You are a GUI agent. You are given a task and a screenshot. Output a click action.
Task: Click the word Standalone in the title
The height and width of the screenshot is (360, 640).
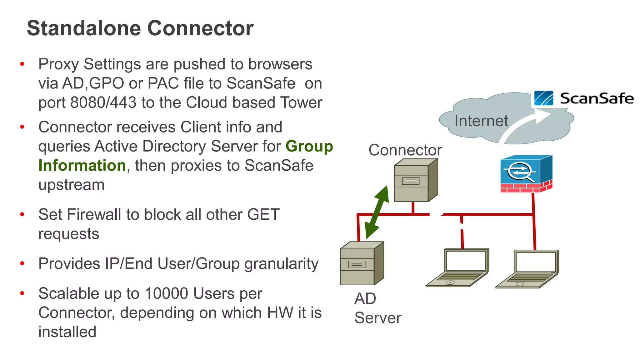(x=84, y=28)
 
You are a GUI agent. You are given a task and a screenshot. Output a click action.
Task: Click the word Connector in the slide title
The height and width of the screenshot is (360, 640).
(x=200, y=28)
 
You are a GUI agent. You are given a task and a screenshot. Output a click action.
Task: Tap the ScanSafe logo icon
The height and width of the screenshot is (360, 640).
(x=543, y=98)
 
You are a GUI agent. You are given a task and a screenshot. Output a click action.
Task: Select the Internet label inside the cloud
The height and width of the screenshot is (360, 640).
(x=481, y=121)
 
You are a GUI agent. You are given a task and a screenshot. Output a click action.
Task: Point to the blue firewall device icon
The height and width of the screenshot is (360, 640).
(x=526, y=173)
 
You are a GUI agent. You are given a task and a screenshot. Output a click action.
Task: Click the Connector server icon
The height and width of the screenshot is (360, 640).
(x=415, y=180)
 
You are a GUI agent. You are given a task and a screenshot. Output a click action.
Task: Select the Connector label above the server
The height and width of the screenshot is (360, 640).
(x=405, y=150)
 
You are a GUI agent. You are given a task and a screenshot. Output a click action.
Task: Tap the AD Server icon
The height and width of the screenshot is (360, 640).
(x=362, y=263)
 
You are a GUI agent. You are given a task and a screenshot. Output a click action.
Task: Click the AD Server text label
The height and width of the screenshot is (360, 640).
(x=377, y=308)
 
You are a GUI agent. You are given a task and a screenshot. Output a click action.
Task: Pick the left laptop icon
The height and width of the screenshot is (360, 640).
(x=457, y=268)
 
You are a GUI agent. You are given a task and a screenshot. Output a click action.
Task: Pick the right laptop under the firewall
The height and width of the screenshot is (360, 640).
(x=527, y=269)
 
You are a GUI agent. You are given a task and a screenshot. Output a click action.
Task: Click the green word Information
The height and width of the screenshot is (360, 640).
(x=82, y=165)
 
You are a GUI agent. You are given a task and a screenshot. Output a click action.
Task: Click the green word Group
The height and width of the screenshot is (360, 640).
(x=309, y=146)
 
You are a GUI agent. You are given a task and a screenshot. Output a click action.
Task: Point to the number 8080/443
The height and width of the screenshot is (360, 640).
(x=103, y=102)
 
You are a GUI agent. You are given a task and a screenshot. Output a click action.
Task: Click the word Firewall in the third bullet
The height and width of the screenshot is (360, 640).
(x=94, y=215)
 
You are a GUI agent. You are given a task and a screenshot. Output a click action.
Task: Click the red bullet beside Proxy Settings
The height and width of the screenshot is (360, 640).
(x=22, y=64)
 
